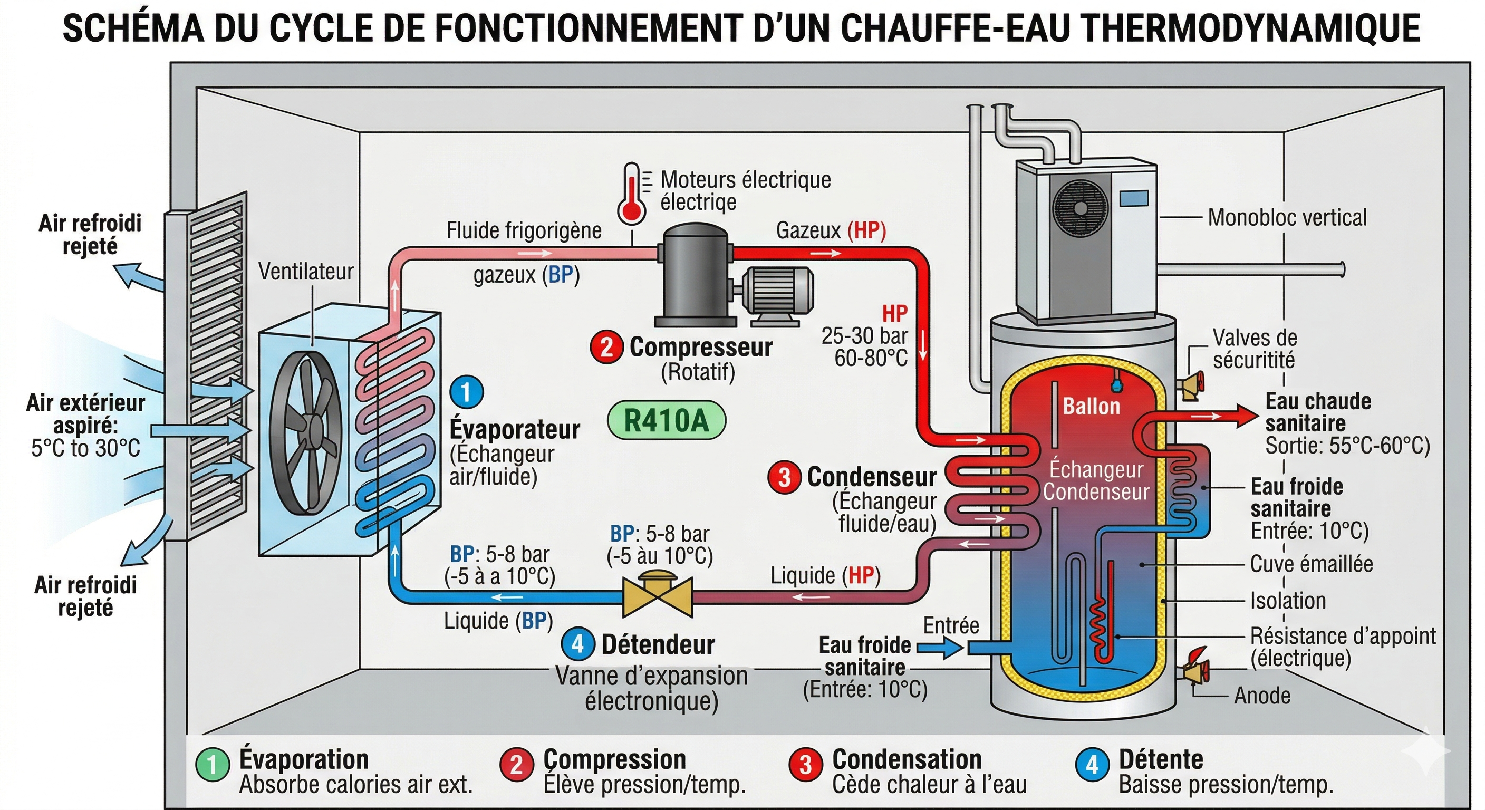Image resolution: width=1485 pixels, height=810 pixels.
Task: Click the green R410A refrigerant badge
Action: click(x=667, y=420)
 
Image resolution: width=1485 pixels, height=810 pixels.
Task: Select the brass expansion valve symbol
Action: click(x=657, y=594)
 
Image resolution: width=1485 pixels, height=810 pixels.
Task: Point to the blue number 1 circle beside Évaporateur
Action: click(x=466, y=392)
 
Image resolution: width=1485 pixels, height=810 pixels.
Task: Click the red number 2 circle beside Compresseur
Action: click(x=606, y=348)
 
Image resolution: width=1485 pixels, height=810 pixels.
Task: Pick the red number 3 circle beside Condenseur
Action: click(x=784, y=477)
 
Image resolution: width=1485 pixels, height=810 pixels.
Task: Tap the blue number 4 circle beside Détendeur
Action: click(x=578, y=644)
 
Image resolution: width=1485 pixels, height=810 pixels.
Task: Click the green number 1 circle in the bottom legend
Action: click(x=213, y=765)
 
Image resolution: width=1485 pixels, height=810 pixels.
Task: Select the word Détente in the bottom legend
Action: click(x=1161, y=760)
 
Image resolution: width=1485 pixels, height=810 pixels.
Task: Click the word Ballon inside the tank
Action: click(x=1091, y=407)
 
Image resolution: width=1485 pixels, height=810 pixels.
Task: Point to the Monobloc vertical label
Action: click(x=1287, y=218)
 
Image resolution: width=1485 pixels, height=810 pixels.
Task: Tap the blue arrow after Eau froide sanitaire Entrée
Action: click(x=940, y=648)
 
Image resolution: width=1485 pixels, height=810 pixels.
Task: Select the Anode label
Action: click(x=1262, y=696)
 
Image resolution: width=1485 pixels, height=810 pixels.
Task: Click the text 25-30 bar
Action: click(x=864, y=336)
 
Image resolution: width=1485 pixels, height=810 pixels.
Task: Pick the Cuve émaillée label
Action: click(x=1312, y=564)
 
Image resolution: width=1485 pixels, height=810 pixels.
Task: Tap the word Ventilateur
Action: click(x=305, y=272)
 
